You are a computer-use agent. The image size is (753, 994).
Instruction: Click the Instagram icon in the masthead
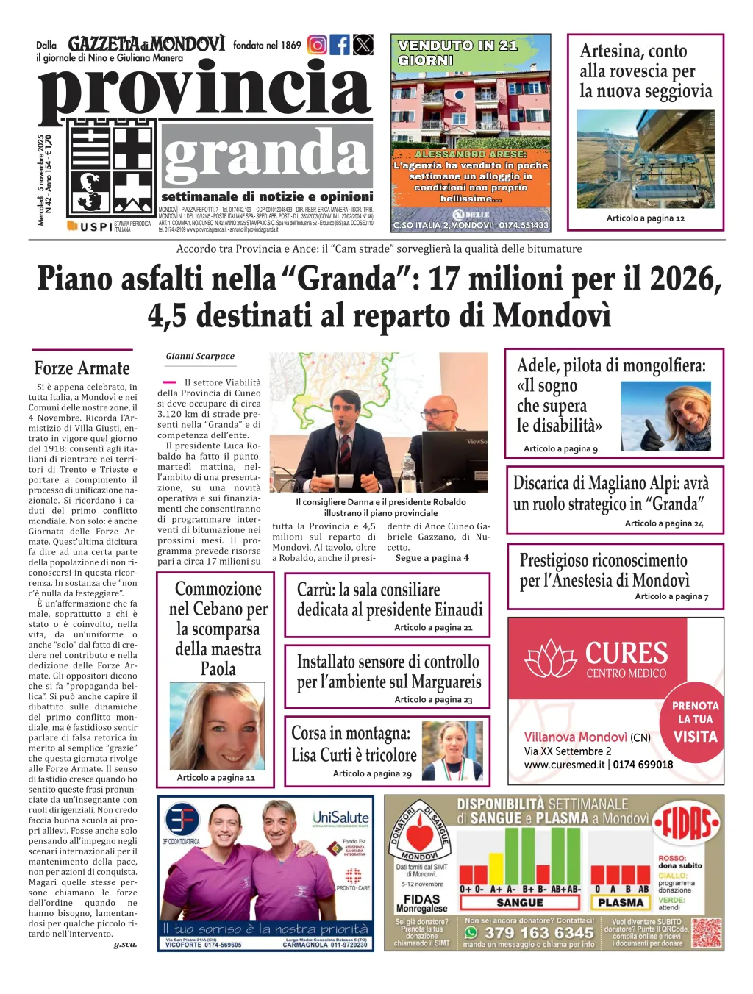click(317, 45)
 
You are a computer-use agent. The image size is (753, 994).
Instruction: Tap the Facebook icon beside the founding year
click(340, 45)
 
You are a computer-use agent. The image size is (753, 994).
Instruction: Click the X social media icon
click(363, 45)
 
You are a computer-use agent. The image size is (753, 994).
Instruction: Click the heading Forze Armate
click(82, 368)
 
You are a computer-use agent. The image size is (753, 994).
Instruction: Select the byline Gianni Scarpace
click(200, 356)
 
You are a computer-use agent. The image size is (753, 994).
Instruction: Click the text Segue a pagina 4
click(432, 557)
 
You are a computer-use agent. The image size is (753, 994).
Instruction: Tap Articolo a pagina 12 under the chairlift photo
click(645, 218)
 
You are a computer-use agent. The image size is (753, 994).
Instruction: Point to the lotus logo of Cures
click(552, 658)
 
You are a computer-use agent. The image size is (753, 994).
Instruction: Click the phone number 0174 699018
click(643, 765)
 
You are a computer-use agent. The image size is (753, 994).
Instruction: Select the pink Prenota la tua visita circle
click(695, 721)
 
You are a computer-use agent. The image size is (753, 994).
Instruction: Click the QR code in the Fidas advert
click(706, 932)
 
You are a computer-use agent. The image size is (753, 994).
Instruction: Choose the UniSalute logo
click(340, 818)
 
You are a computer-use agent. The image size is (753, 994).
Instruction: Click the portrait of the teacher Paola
click(217, 726)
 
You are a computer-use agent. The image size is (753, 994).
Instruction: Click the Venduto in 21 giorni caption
click(457, 53)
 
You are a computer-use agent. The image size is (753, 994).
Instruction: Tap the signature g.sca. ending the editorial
click(125, 944)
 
